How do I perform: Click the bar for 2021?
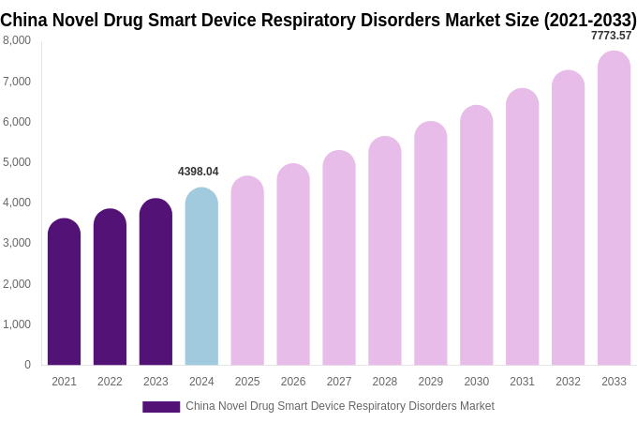64,293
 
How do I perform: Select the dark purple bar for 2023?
156,282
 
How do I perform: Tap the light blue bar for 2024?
201,277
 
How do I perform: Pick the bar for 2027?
339,258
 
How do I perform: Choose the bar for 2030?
476,235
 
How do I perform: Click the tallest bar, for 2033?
614,208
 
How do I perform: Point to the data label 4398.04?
198,172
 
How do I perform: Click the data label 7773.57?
611,36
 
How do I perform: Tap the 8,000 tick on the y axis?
17,40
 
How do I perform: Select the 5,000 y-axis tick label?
17,162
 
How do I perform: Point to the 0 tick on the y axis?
27,365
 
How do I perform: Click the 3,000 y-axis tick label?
17,243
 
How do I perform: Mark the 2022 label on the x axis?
110,382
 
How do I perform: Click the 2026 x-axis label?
293,382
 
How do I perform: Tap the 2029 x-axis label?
431,382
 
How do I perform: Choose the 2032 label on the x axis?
568,382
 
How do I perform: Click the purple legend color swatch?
161,407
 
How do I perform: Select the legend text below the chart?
339,406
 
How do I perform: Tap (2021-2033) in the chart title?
590,20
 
